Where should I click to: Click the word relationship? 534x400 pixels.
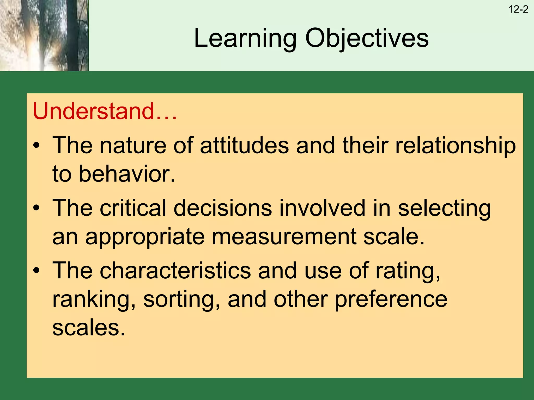coord(455,146)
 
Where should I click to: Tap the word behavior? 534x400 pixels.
coord(127,174)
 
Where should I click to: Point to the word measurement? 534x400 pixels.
coord(284,236)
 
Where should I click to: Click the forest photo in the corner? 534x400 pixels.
coord(44,35)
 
